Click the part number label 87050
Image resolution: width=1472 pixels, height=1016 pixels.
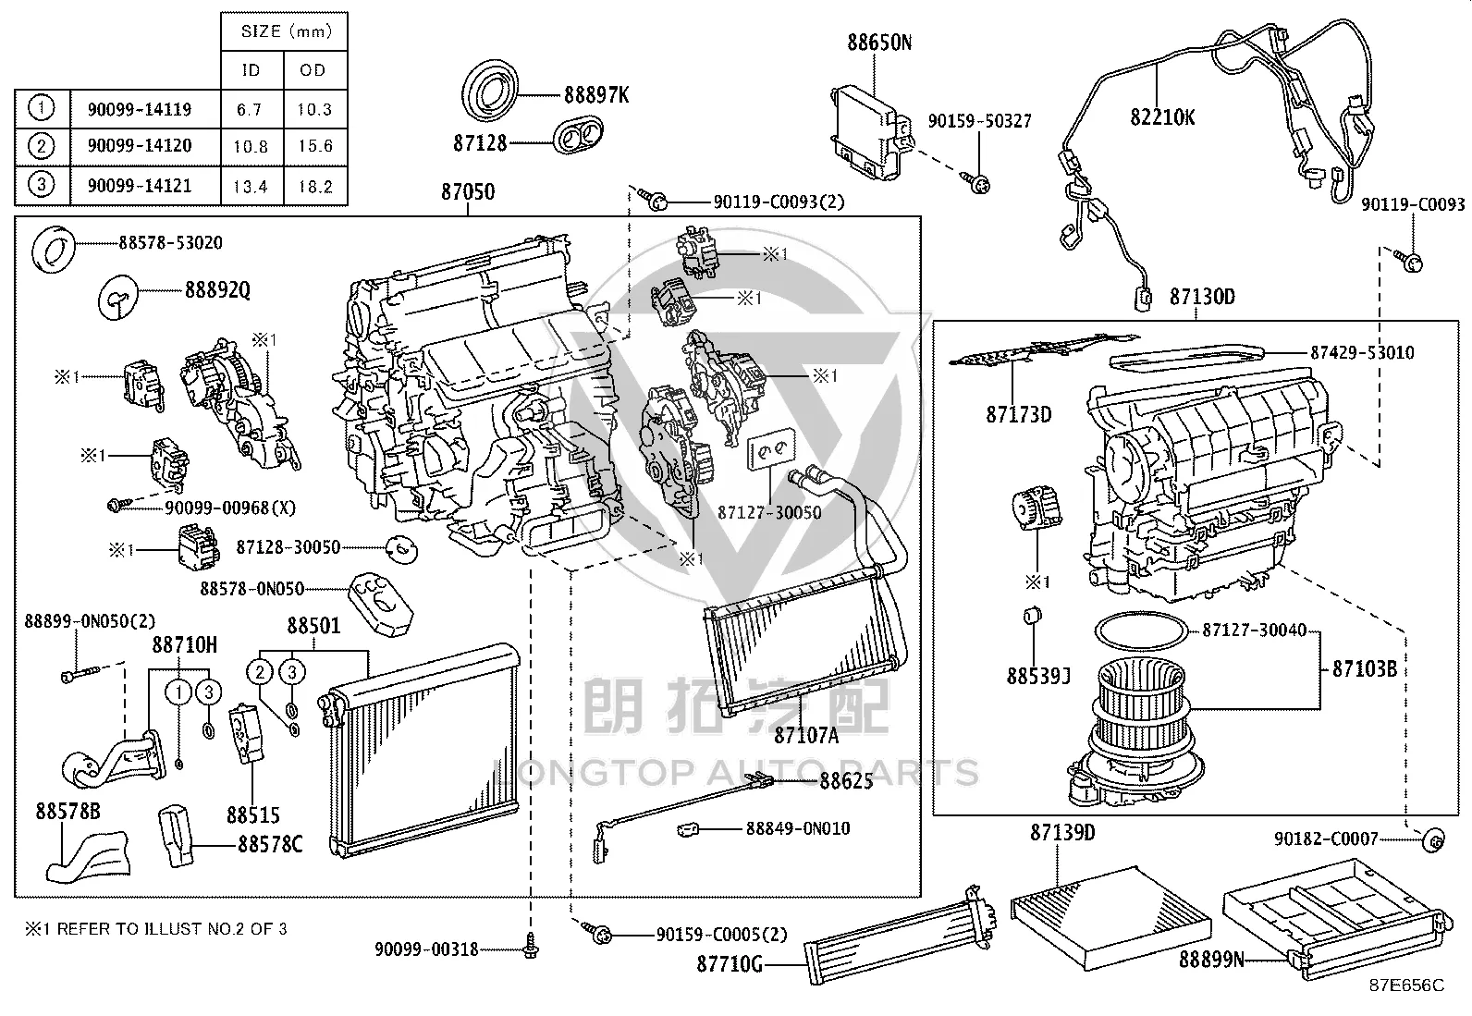pyautogui.click(x=467, y=192)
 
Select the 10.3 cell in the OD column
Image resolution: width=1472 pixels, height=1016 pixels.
pyautogui.click(x=314, y=109)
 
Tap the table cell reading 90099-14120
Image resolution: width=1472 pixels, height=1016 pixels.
pyautogui.click(x=140, y=145)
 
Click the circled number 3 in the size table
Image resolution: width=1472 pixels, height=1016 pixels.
pyautogui.click(x=42, y=184)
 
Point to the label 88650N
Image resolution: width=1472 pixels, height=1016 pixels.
pyautogui.click(x=879, y=43)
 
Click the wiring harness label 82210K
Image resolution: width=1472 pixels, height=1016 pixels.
pyautogui.click(x=1162, y=117)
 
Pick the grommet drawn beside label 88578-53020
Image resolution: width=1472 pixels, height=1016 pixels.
pyautogui.click(x=54, y=249)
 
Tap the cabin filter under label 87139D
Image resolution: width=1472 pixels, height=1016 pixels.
pyautogui.click(x=1110, y=918)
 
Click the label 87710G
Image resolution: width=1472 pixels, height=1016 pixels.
pyautogui.click(x=730, y=964)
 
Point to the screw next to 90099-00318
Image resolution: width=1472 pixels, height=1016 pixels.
pyautogui.click(x=531, y=947)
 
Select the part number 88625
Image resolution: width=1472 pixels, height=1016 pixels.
pyautogui.click(x=846, y=781)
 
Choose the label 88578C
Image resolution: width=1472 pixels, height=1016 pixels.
pyautogui.click(x=270, y=844)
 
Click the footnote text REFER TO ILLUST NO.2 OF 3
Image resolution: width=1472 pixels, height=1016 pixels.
pyautogui.click(x=172, y=928)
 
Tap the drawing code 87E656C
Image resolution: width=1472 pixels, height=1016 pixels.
pyautogui.click(x=1407, y=985)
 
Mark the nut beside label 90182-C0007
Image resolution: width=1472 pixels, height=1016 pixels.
pyautogui.click(x=1433, y=840)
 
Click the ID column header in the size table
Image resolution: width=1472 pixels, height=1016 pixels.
pyautogui.click(x=251, y=69)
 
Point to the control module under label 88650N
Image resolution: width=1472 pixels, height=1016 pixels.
pyautogui.click(x=871, y=130)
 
